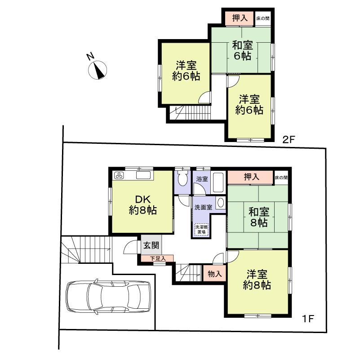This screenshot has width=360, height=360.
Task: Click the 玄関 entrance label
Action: coord(151,245)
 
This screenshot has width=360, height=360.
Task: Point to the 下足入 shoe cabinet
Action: coord(157,258)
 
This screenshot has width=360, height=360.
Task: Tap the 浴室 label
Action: coord(202,178)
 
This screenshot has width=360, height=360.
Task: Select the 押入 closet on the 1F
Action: coord(251,177)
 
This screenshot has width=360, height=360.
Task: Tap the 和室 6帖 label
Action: coord(242,50)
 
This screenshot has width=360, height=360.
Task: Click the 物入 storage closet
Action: coord(214,274)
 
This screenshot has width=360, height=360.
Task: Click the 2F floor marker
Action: coord(288,139)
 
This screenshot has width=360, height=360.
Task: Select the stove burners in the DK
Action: coord(120,175)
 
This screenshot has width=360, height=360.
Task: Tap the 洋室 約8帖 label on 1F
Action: coord(257,279)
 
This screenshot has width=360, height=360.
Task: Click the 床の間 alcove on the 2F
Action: coord(262,18)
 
